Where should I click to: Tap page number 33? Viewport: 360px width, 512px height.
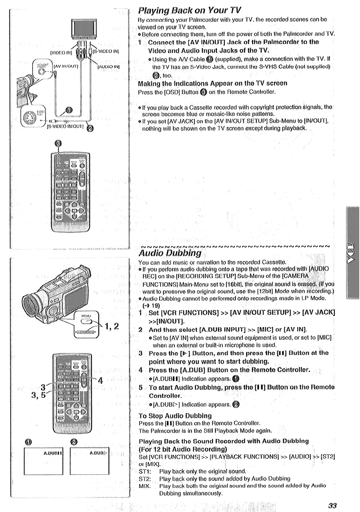click(x=332, y=505)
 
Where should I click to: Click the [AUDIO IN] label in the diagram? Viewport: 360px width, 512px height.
click(x=108, y=67)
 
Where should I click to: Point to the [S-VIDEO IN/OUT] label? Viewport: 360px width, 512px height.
click(x=66, y=127)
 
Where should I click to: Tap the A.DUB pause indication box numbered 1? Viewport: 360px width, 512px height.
click(x=44, y=461)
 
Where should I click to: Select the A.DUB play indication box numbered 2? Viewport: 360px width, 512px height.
click(x=89, y=461)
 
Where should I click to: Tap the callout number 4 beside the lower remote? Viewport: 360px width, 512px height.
click(x=100, y=381)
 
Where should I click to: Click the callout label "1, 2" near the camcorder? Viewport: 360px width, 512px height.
click(x=112, y=326)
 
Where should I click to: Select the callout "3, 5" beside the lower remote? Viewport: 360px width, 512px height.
click(x=38, y=395)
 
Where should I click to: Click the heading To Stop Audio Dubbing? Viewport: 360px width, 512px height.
click(x=175, y=416)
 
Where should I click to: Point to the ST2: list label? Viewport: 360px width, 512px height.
click(x=144, y=479)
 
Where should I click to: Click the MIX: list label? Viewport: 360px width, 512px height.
click(x=144, y=486)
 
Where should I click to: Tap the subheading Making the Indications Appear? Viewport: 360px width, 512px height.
click(x=212, y=83)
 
